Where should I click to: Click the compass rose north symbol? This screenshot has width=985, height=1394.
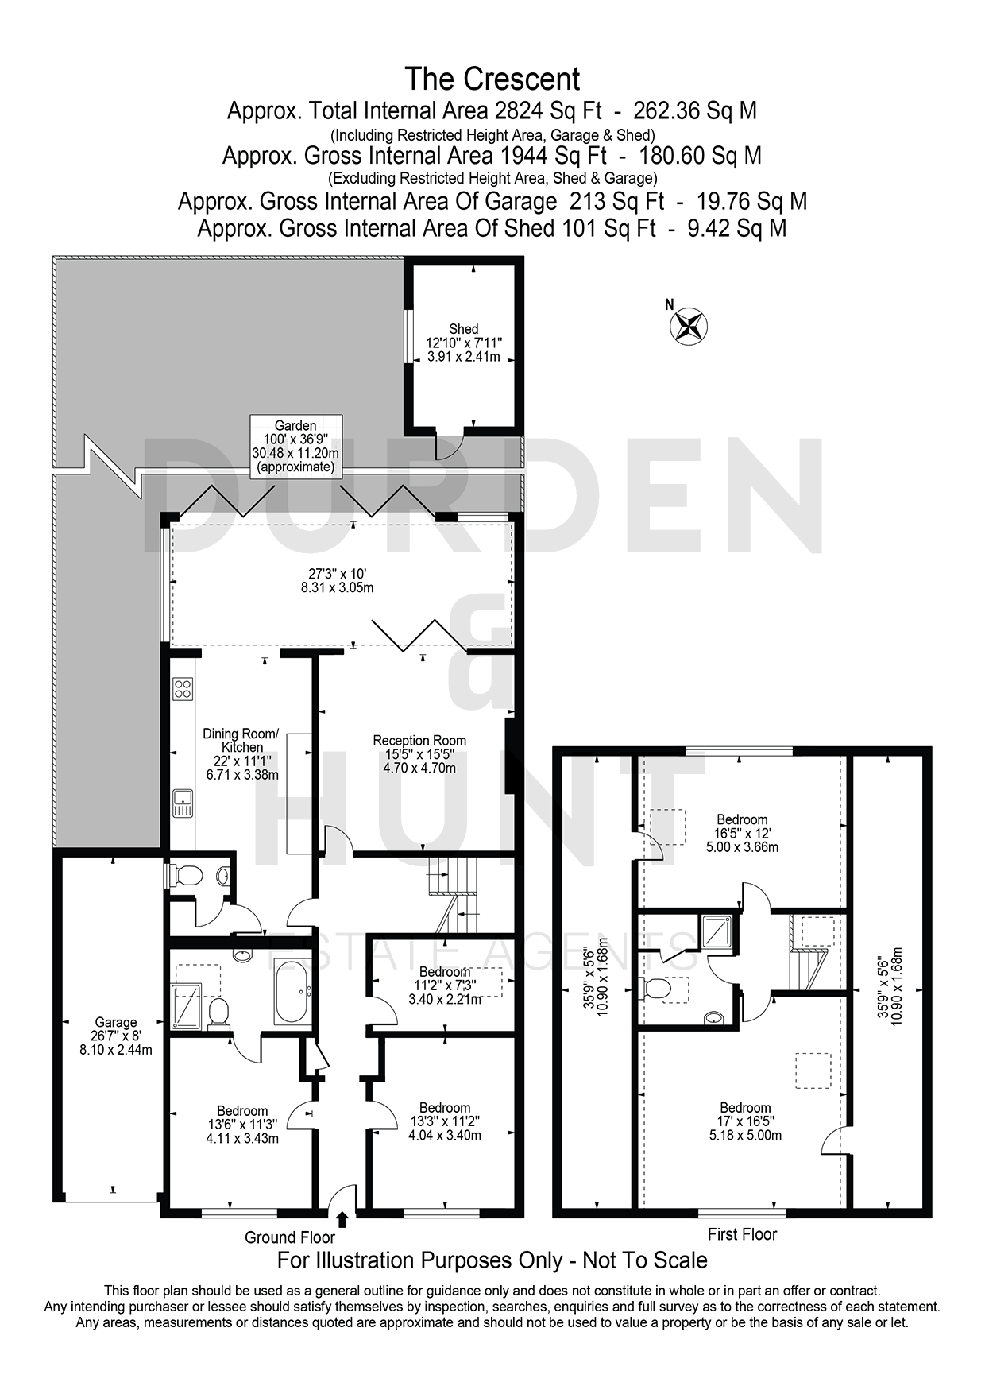coord(689,324)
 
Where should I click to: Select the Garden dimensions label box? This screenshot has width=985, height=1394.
coord(295,446)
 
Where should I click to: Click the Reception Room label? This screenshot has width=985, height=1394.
coord(419,754)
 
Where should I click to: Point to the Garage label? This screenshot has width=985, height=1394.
coord(116,1036)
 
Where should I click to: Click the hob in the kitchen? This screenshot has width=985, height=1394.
coord(183,688)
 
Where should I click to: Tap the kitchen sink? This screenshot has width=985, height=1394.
coord(183,803)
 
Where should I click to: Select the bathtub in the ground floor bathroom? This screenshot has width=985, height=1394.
coord(293,993)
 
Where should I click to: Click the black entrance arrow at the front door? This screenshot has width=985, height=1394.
coord(342,1220)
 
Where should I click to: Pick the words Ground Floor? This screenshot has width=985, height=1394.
coord(290,1237)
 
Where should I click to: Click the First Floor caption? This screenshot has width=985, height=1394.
coord(742,1234)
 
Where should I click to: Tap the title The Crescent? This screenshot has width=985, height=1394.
coord(492,79)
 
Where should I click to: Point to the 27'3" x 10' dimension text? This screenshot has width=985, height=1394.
coord(341,573)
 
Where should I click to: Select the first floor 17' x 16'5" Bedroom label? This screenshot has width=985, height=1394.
coord(745,1121)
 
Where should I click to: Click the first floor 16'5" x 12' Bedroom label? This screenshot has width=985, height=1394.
coord(742,833)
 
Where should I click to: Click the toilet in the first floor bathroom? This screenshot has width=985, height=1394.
coord(657,988)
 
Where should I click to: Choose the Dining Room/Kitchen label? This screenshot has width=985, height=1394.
coord(241,754)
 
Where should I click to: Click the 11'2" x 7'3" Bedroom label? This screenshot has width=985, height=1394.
coord(445,985)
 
